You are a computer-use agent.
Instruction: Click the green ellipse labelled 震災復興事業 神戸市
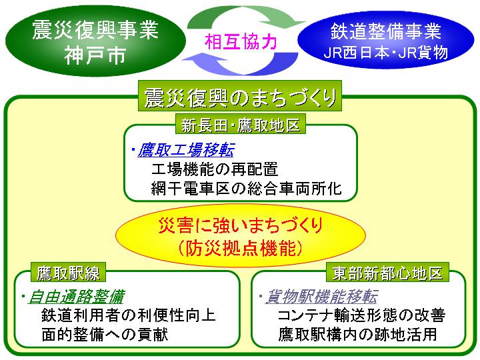point(95,41)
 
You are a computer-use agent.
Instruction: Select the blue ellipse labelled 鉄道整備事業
point(386,40)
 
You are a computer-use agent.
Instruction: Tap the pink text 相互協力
point(241,41)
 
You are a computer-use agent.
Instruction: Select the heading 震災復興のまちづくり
point(240,97)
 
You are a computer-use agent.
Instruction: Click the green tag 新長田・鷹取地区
point(241,125)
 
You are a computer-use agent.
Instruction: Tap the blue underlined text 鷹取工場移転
point(186,150)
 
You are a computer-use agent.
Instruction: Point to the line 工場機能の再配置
point(215,169)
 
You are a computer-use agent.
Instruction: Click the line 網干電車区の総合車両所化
point(247,188)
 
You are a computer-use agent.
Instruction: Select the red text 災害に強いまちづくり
point(241,225)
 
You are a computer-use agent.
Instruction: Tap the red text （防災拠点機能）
point(241,248)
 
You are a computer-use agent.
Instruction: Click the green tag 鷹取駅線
point(68,273)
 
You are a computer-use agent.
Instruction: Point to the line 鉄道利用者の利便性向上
point(129,315)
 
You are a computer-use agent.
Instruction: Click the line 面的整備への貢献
point(105,334)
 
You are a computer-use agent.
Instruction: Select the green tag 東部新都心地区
point(387,272)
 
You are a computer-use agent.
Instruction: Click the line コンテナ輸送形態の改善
point(361,315)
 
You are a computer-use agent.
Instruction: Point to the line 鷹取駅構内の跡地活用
point(357,334)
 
